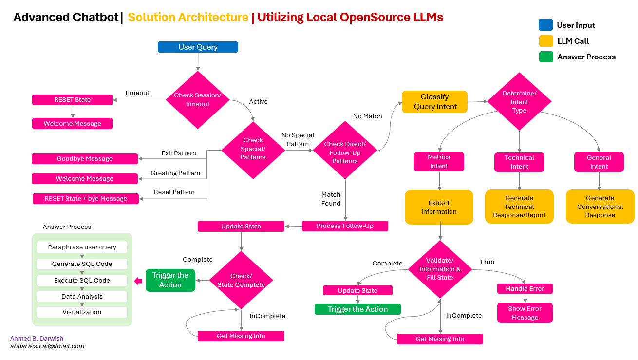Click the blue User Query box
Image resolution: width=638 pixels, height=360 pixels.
coord(198,47)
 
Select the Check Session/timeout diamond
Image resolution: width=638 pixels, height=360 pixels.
coord(198,100)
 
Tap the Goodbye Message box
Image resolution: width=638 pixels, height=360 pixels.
coord(85,159)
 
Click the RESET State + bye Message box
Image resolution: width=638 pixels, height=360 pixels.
coord(86,199)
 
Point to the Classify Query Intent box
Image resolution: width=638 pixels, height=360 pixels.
coord(434,102)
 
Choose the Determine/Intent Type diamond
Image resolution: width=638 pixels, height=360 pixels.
coord(519,102)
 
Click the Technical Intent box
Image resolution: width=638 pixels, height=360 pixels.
coord(519,162)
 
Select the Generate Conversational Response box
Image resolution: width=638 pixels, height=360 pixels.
coord(600,207)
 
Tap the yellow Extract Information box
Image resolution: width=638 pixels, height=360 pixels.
coord(439,207)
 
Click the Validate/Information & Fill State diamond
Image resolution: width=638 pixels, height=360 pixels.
coord(440,269)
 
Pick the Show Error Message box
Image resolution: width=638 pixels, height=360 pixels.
coord(525,313)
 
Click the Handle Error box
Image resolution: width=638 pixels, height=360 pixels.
coord(525,289)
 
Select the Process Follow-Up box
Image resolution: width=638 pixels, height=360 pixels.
coord(345,226)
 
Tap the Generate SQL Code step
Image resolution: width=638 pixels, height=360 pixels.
coord(82,264)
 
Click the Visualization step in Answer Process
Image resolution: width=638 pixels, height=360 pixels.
coord(82,312)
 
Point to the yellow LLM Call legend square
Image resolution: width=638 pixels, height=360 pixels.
coord(545,41)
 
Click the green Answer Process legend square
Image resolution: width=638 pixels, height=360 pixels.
coord(545,57)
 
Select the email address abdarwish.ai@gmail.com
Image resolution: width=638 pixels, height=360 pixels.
coord(47,346)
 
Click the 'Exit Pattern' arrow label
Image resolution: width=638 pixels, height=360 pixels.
coord(179,153)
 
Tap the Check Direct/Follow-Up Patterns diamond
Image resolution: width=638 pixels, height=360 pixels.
coord(345,152)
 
